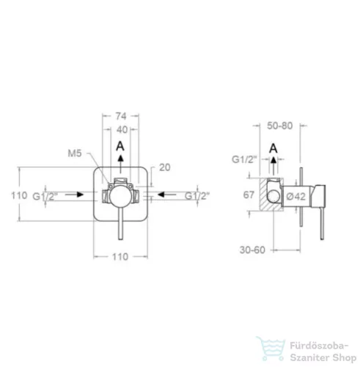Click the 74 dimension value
[x=121, y=116]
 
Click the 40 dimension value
[x=122, y=130]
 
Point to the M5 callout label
[x=75, y=153]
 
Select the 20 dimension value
[x=165, y=167]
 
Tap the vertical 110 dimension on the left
[x=19, y=195]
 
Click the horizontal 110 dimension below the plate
[x=120, y=257]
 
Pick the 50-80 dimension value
[x=280, y=126]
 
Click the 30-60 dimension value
[x=252, y=250]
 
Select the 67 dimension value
[x=249, y=195]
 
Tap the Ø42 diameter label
[x=296, y=196]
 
